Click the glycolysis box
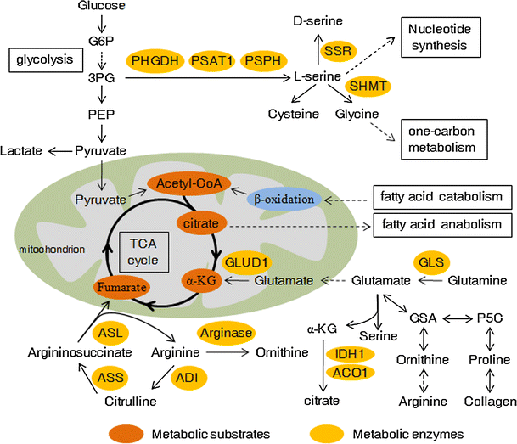(45, 60)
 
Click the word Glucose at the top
(102, 6)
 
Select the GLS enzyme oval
(433, 262)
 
